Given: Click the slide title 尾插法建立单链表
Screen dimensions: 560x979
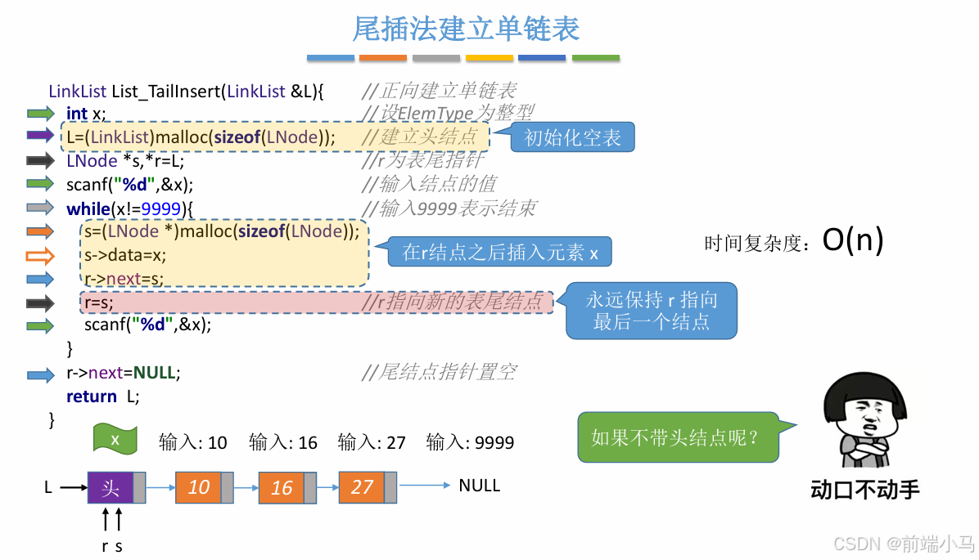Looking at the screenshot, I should (x=466, y=29).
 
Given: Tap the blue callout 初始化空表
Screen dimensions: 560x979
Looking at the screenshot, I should (x=572, y=137).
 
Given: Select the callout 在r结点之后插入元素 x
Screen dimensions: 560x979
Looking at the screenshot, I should (x=500, y=253).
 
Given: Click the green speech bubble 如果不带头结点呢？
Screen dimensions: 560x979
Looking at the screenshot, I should (x=674, y=438).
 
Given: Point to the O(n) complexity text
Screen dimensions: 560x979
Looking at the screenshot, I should (x=853, y=240).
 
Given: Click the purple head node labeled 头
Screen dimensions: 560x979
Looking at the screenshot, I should (x=110, y=488).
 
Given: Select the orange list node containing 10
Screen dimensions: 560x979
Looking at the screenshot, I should (x=198, y=487).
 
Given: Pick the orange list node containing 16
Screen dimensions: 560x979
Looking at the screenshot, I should (x=281, y=488).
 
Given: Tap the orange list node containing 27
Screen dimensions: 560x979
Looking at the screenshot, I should (x=362, y=487).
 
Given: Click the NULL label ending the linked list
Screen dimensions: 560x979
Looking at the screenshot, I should (x=479, y=486).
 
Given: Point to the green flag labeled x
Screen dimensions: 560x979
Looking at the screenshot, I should (x=115, y=439).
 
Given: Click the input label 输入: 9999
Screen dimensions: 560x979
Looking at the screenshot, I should (x=470, y=443).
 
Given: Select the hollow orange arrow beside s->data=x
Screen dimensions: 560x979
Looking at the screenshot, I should (x=40, y=255).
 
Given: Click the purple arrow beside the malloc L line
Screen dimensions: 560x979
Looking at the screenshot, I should (x=40, y=137).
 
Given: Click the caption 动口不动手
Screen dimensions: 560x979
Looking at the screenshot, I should (x=864, y=490).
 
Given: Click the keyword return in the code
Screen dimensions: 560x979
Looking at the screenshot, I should (x=92, y=396).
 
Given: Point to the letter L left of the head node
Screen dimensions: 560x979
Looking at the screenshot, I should (x=48, y=488).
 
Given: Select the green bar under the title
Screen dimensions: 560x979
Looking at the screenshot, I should (x=595, y=58).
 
